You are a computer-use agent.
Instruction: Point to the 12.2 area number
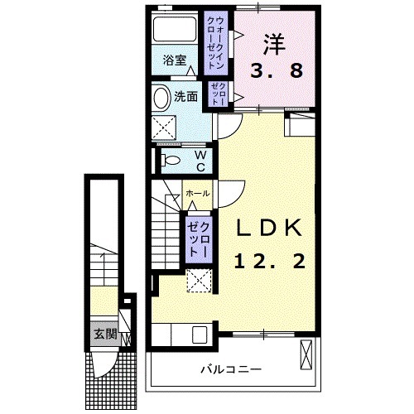270,262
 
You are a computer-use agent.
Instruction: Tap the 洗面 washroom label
185,96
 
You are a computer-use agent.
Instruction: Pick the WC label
200,158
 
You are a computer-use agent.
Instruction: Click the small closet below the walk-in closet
218,94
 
